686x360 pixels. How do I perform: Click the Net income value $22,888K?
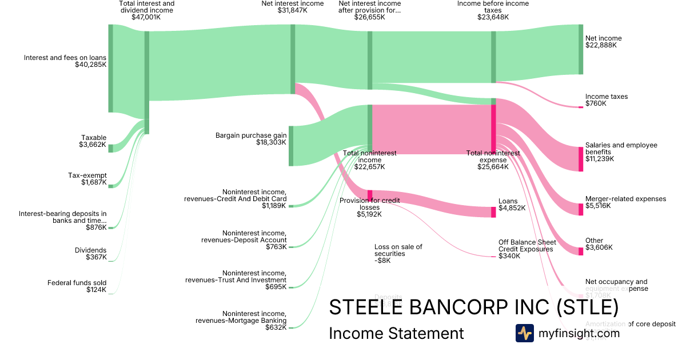pyautogui.click(x=601, y=46)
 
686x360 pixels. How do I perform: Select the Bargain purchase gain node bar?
pyautogui.click(x=291, y=146)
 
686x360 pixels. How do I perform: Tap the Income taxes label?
pyautogui.click(x=606, y=97)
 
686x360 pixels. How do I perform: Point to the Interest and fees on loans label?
pyautogui.click(x=65, y=58)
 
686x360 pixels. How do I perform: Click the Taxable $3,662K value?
pyautogui.click(x=94, y=145)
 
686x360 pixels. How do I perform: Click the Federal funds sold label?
pyautogui.click(x=77, y=283)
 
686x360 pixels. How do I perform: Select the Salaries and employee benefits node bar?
pyautogui.click(x=581, y=159)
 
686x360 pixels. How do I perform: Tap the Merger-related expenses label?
pyautogui.click(x=625, y=199)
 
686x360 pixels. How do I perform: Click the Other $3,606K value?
pyautogui.click(x=599, y=248)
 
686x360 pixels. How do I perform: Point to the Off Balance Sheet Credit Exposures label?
pyautogui.click(x=525, y=246)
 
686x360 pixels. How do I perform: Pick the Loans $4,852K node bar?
pyautogui.click(x=493, y=212)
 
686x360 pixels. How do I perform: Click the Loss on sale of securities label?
pyautogui.click(x=398, y=250)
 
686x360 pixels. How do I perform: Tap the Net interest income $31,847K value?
pyautogui.click(x=292, y=10)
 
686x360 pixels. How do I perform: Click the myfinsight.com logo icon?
pyautogui.click(x=524, y=333)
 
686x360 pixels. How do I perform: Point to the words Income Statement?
pyautogui.click(x=396, y=333)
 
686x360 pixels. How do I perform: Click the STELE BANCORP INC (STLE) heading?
pyautogui.click(x=473, y=307)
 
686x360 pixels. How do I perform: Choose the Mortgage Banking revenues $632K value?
pyautogui.click(x=276, y=328)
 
